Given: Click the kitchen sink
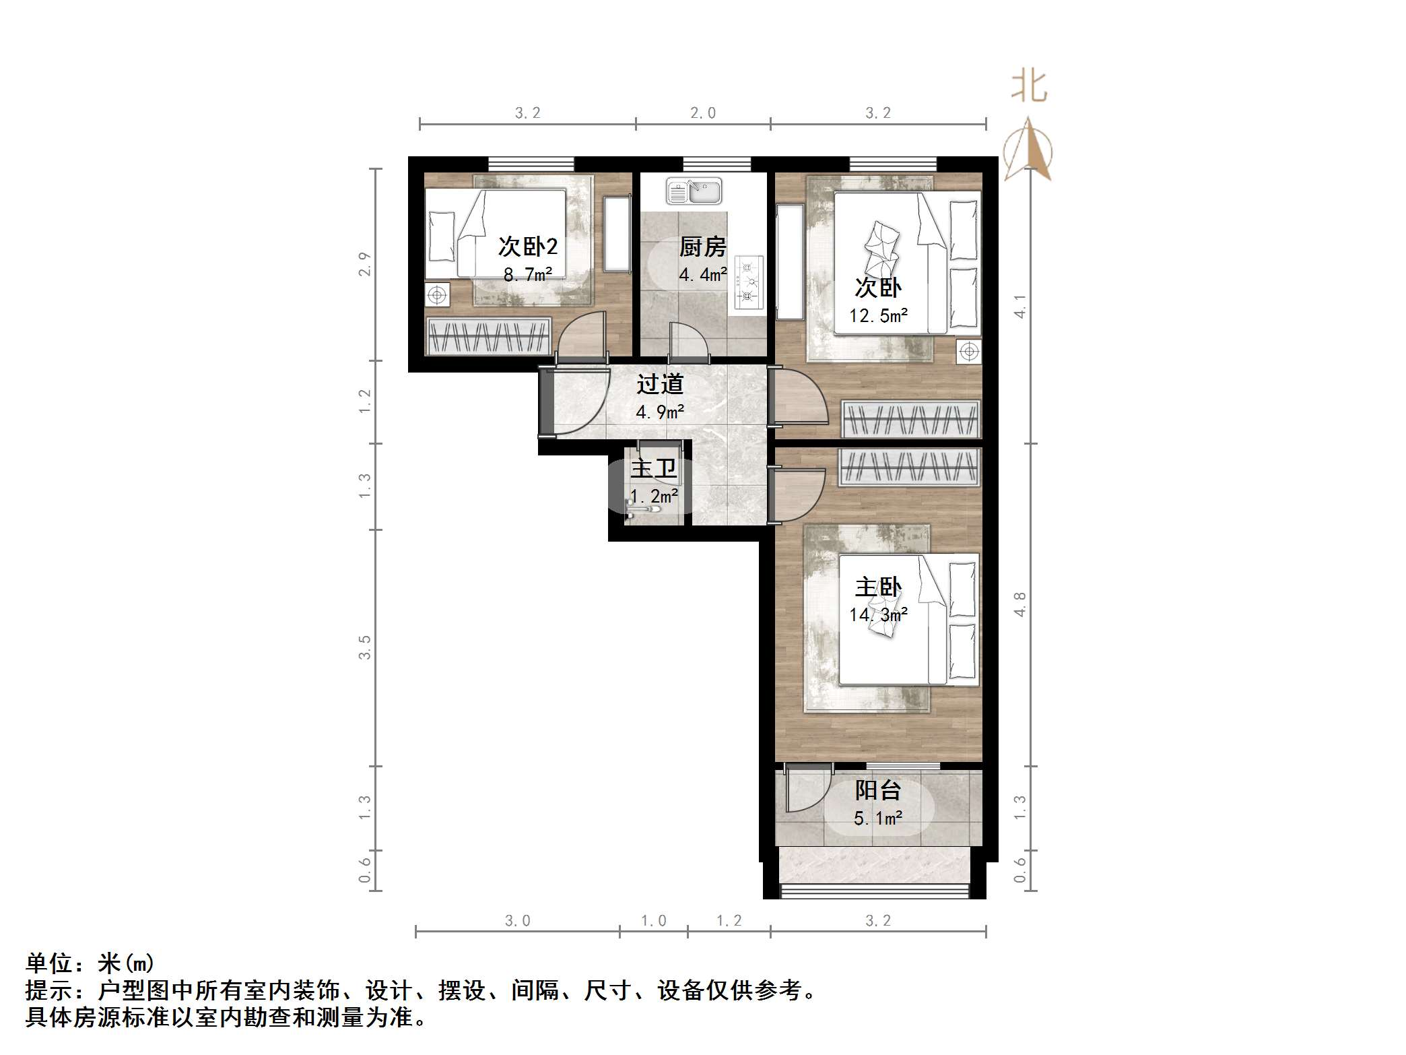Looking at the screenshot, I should [694, 191].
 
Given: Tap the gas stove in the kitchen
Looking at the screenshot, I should [749, 282].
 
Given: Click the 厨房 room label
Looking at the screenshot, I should [702, 247].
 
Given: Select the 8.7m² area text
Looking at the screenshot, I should [528, 274].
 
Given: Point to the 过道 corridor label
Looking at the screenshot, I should [660, 384].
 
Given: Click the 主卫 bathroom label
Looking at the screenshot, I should [653, 468].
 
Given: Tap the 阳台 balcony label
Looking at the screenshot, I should [877, 790].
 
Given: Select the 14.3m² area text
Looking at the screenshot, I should [878, 614].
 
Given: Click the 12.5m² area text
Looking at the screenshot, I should [878, 315].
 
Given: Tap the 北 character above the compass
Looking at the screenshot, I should [1029, 87].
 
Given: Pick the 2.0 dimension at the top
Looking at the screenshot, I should [702, 113].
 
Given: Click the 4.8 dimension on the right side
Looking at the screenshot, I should [1019, 604].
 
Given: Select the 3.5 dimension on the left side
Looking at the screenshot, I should [364, 647].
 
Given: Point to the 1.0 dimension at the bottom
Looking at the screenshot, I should [653, 920].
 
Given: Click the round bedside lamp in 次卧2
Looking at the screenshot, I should [437, 295].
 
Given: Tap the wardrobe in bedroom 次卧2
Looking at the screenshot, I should [488, 335].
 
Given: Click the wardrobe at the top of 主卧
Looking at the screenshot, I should [909, 467].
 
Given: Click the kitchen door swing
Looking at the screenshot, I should [688, 340].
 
